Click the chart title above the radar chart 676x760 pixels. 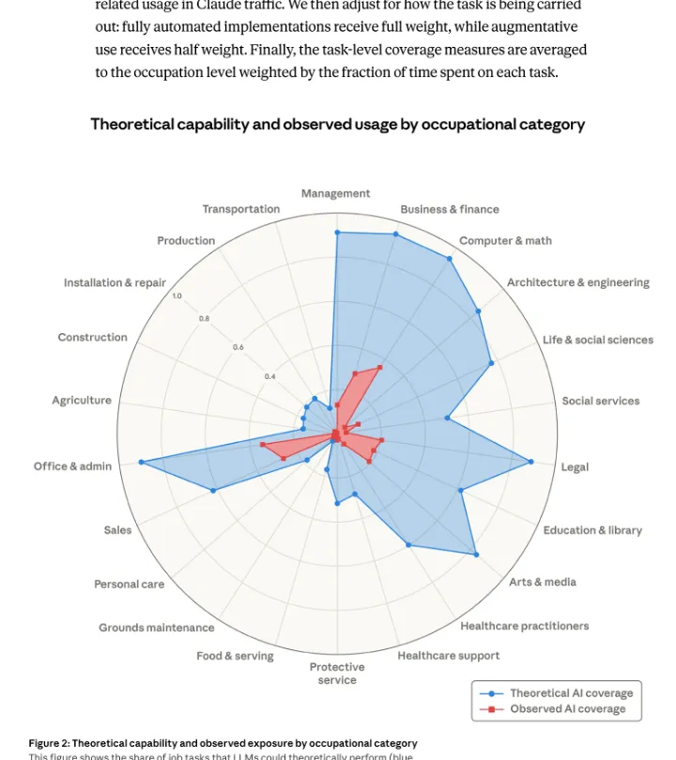[x=337, y=124]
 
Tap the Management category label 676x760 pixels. [x=335, y=193]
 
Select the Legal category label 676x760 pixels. [x=575, y=467]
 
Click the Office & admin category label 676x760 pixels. [x=72, y=466]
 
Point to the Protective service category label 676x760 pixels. [x=337, y=673]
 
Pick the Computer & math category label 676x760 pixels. [x=505, y=241]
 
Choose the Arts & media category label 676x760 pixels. [x=543, y=582]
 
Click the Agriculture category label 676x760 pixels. [x=82, y=401]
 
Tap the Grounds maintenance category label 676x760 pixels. [x=156, y=628]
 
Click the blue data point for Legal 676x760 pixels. [x=531, y=462]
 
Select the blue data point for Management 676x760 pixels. [x=337, y=232]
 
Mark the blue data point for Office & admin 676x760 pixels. [x=141, y=462]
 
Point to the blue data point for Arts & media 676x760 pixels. [x=477, y=555]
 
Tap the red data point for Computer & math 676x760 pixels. [x=380, y=367]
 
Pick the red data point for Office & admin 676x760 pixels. [x=263, y=444]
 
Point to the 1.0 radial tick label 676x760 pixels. [x=177, y=296]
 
